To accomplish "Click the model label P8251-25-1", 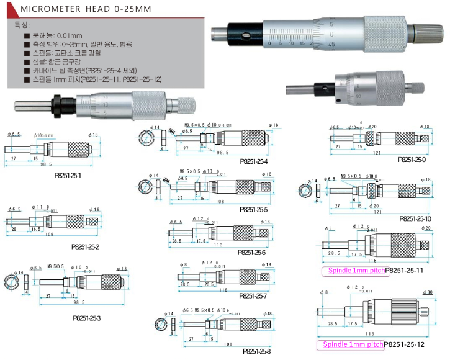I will pos(68,176).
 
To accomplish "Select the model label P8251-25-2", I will pos(86,246).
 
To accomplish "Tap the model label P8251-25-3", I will pos(86,318).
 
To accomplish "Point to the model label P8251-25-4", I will pos(254,161).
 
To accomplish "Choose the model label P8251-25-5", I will pos(253,209).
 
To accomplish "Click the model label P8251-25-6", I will pos(251,253).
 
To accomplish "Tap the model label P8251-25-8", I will pos(254,352).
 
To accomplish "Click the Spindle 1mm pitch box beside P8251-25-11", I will pos(353,271).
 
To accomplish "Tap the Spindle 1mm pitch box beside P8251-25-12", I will pos(350,344).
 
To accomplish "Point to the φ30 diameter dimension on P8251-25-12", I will pos(428,292).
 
